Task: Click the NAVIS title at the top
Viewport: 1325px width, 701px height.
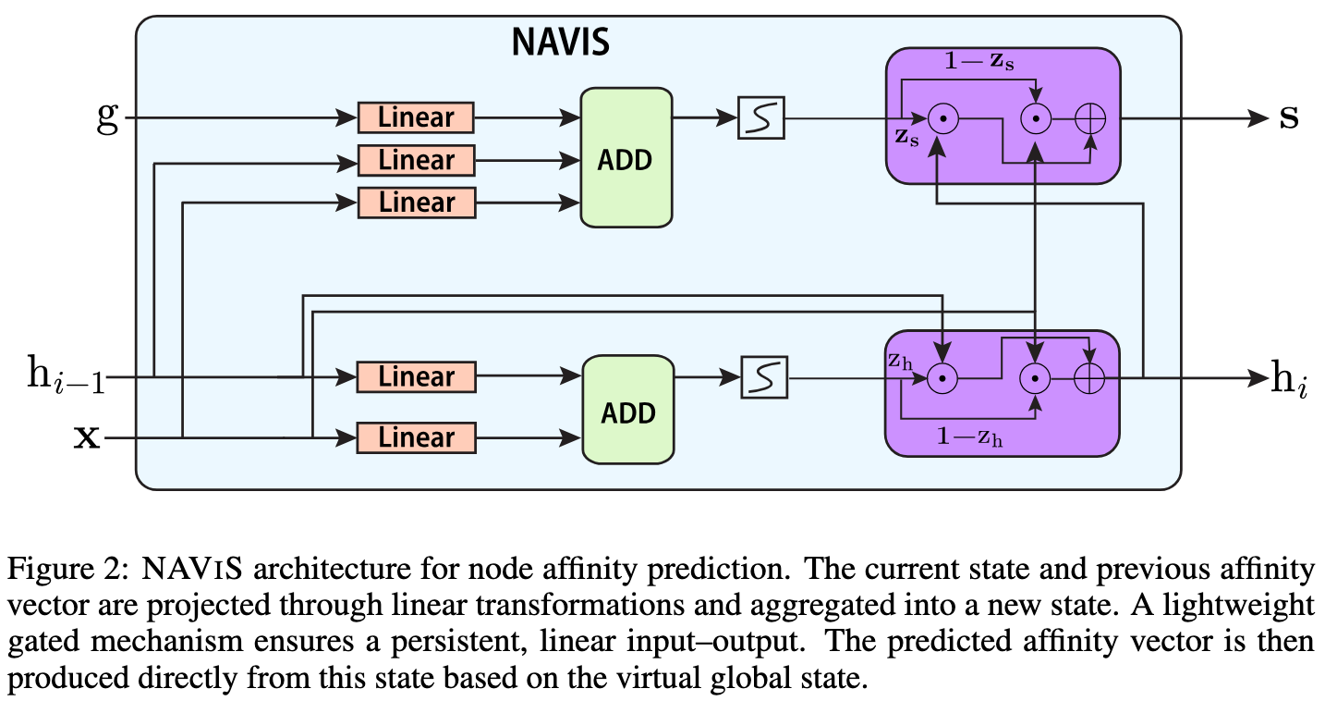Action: click(x=561, y=43)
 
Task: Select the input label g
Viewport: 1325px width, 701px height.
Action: click(x=108, y=118)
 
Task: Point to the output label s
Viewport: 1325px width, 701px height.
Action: click(x=1288, y=118)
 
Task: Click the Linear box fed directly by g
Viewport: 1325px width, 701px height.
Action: click(x=416, y=117)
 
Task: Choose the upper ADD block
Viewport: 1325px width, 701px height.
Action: click(x=626, y=158)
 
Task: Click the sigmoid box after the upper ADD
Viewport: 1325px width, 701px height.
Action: click(x=760, y=118)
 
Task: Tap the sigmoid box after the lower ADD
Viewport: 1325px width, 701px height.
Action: click(x=764, y=377)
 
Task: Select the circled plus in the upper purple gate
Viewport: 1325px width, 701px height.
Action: click(x=1092, y=118)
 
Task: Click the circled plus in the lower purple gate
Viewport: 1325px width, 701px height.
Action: click(x=1091, y=377)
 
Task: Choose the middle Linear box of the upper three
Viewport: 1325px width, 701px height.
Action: click(x=416, y=160)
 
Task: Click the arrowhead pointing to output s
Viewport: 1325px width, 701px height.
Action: click(x=1258, y=118)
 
